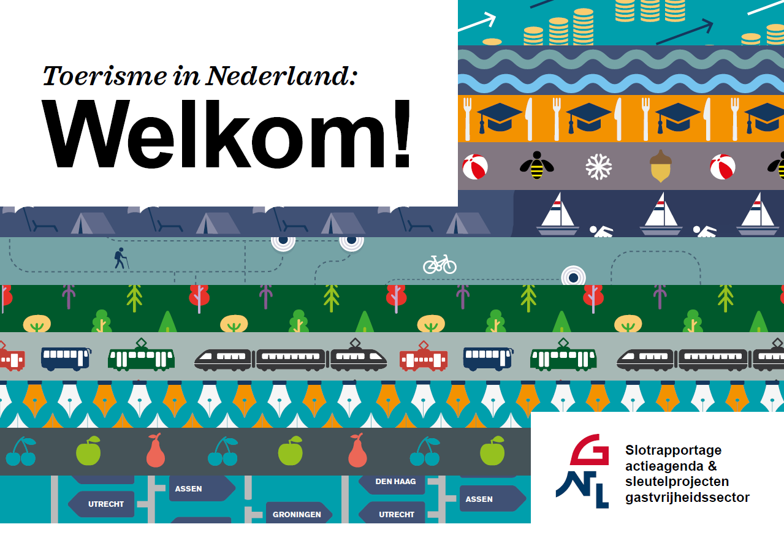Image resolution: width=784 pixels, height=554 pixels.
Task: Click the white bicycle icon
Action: click(x=440, y=264)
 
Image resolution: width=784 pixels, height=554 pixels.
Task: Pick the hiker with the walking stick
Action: click(x=120, y=258)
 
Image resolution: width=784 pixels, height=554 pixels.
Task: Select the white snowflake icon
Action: click(x=599, y=166)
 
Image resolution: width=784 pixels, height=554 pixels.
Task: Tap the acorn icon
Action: click(x=660, y=166)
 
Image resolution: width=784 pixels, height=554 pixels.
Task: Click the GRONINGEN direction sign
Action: click(x=298, y=514)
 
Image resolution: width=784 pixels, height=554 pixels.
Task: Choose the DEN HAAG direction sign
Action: click(x=395, y=482)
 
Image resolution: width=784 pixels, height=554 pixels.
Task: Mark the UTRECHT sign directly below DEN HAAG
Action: click(x=395, y=514)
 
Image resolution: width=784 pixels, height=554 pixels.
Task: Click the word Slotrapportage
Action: click(x=673, y=450)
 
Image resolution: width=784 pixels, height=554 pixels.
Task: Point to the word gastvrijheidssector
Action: click(x=687, y=498)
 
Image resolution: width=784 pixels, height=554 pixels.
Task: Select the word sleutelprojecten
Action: click(x=677, y=482)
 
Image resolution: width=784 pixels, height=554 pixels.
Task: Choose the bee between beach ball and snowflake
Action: click(x=536, y=165)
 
